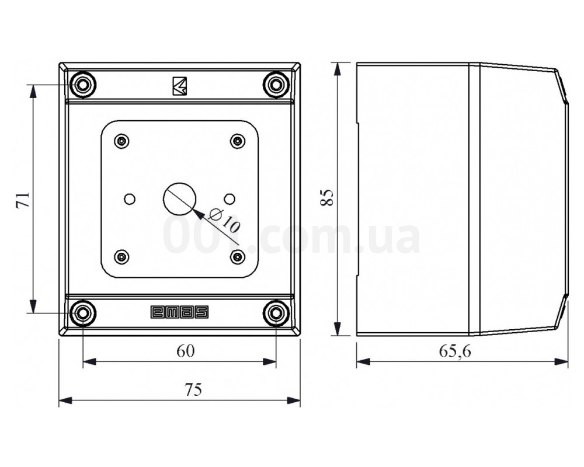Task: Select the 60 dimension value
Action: pyautogui.click(x=186, y=351)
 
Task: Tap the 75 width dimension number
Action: pyautogui.click(x=193, y=389)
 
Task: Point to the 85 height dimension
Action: pyautogui.click(x=326, y=198)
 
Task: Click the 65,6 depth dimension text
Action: pyautogui.click(x=455, y=351)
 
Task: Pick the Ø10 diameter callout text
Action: pyautogui.click(x=224, y=221)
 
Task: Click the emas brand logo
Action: pyautogui.click(x=179, y=312)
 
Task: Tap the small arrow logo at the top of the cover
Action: pyautogui.click(x=179, y=86)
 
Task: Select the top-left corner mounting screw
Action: pyautogui.click(x=83, y=85)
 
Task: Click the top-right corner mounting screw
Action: pyautogui.click(x=276, y=85)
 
